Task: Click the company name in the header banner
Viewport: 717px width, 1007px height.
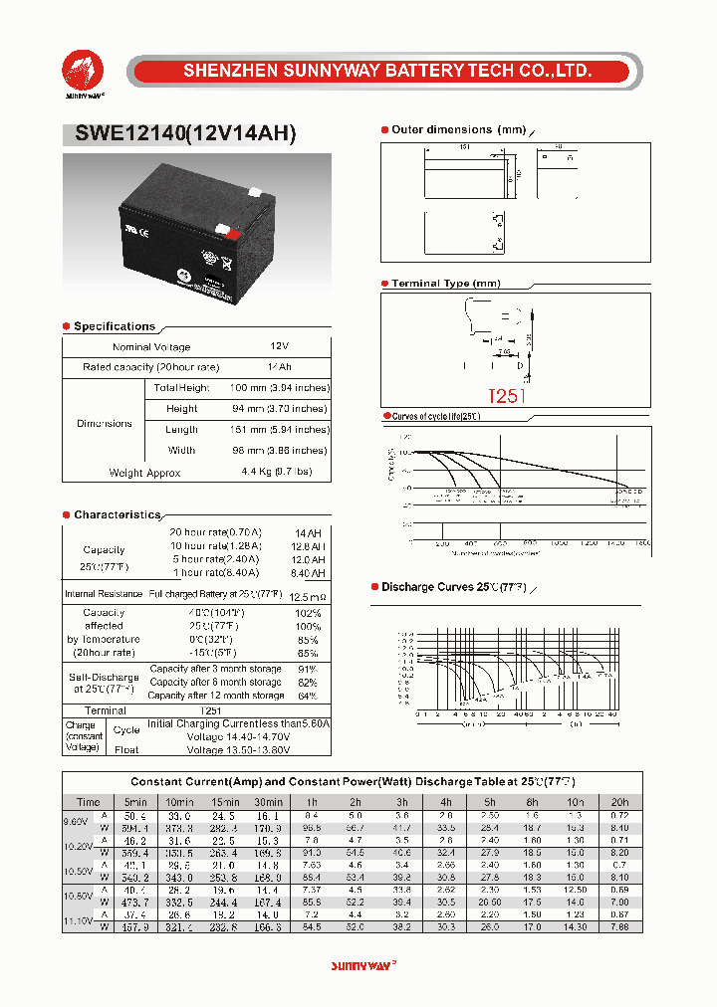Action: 387,72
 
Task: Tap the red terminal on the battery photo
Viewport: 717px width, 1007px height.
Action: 235,237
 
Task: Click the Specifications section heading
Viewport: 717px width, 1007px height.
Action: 115,326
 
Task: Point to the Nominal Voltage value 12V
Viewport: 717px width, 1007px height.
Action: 279,346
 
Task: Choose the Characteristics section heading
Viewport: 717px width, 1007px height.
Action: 118,514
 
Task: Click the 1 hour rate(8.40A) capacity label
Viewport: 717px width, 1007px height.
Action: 215,572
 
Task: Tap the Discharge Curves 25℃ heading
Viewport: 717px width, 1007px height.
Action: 454,587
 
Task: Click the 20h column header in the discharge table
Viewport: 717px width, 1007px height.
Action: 619,801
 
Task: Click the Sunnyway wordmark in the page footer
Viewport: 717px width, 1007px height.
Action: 362,965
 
